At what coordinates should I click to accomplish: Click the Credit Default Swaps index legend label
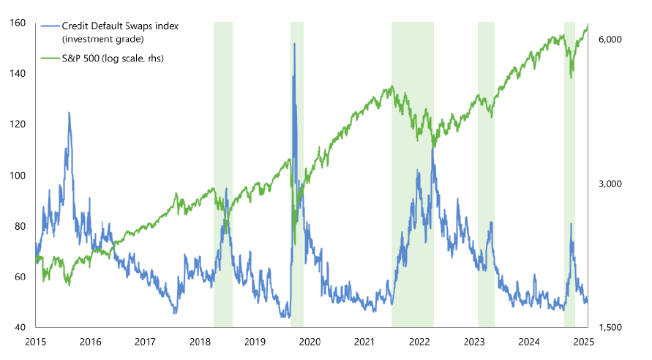(x=121, y=26)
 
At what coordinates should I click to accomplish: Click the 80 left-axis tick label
(x=20, y=225)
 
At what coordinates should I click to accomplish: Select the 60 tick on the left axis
(x=20, y=277)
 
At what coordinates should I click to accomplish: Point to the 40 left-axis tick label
(x=20, y=327)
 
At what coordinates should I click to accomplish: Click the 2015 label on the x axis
(x=35, y=342)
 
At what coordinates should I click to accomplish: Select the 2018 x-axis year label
(x=200, y=342)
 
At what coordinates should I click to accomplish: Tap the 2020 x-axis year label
(x=310, y=342)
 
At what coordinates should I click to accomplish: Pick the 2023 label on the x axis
(x=474, y=342)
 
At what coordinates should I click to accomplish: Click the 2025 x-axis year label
(x=584, y=342)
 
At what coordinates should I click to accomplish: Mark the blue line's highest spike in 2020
(x=294, y=44)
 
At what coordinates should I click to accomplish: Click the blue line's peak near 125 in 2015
(x=69, y=113)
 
